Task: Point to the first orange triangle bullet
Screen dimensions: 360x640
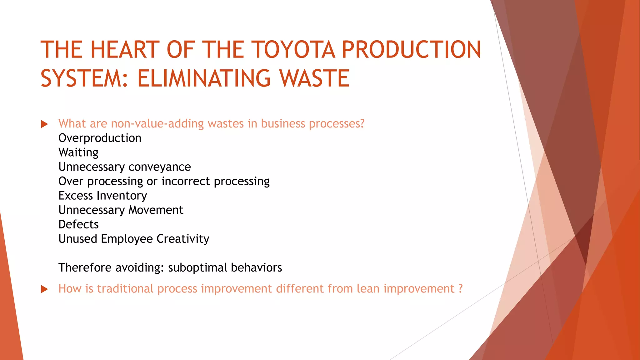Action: pos(44,124)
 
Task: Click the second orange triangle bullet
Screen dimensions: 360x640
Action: pos(44,289)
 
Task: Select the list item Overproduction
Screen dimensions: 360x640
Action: pos(100,138)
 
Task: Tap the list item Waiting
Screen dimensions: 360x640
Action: pos(78,152)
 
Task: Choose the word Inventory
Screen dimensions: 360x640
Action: pos(122,196)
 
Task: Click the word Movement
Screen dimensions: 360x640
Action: pos(156,210)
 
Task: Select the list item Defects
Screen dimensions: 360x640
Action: pos(78,224)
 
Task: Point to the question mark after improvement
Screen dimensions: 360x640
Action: pos(460,288)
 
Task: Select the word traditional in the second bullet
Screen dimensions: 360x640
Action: pos(125,288)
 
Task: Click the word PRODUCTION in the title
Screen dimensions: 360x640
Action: pos(411,50)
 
